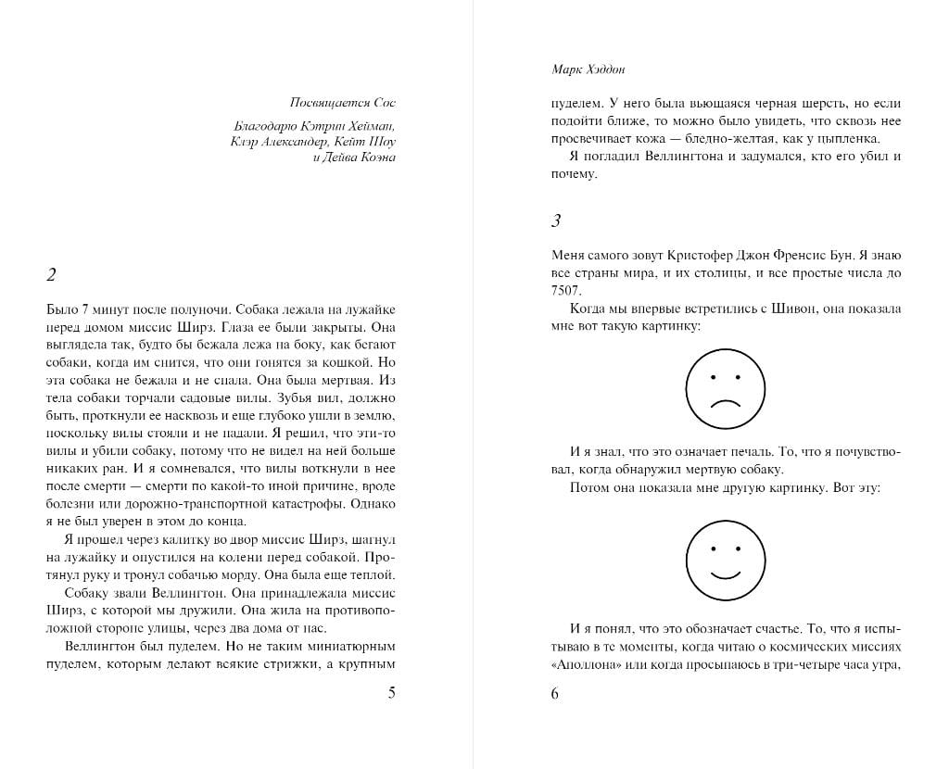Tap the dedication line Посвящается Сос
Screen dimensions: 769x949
[x=343, y=103]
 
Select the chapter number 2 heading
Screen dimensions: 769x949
[x=52, y=275]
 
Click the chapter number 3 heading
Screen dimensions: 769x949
[x=556, y=221]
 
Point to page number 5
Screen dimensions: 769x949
[x=392, y=693]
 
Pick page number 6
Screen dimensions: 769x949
[x=555, y=693]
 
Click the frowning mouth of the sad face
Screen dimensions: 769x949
[x=726, y=404]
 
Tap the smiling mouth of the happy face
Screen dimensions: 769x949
[x=726, y=569]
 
